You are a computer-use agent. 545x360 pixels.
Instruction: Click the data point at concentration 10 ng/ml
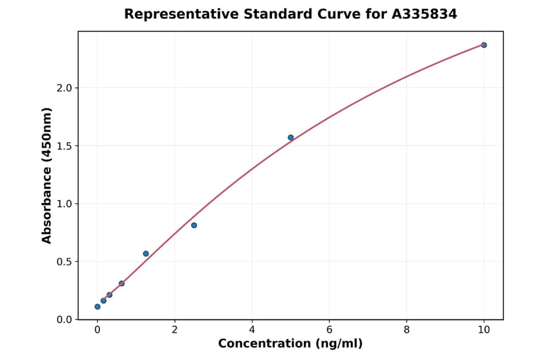484,45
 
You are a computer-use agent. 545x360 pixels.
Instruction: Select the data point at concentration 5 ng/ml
291,138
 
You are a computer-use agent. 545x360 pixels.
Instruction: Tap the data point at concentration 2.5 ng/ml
194,225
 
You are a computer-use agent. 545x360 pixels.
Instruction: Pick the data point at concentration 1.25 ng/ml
146,254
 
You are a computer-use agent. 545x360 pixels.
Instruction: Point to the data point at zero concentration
97,307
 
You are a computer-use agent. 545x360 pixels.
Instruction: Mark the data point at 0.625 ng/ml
122,284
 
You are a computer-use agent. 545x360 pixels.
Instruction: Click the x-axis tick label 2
174,330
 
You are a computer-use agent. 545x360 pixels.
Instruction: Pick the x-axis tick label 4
252,330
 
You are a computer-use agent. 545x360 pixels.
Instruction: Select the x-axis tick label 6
329,330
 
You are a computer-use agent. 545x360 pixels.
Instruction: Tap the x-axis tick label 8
406,330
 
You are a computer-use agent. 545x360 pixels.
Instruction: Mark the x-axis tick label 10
484,330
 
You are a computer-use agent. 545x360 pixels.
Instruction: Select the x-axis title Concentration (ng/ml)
290,344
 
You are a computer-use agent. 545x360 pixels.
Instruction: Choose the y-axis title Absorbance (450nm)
47,175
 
